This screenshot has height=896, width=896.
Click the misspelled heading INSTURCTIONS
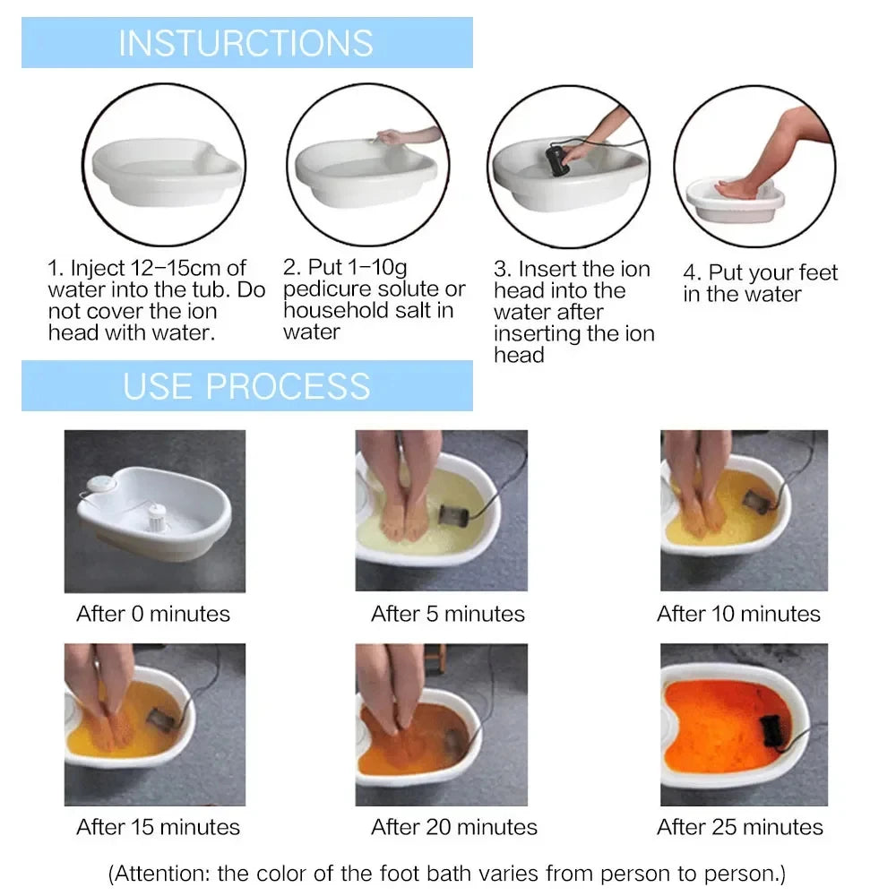pyautogui.click(x=246, y=43)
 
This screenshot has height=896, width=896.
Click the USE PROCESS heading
pyautogui.click(x=246, y=385)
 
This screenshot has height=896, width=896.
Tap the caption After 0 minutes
pyautogui.click(x=153, y=614)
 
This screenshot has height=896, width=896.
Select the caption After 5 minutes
pyautogui.click(x=448, y=614)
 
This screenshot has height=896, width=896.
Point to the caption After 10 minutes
pyautogui.click(x=738, y=614)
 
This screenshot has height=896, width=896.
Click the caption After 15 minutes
pyautogui.click(x=159, y=826)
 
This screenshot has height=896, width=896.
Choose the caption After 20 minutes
pyautogui.click(x=454, y=826)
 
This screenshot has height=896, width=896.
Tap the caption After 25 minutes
pyautogui.click(x=740, y=826)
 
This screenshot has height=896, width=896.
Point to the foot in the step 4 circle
pyautogui.click(x=737, y=188)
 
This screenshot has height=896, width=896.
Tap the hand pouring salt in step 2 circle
pyautogui.click(x=394, y=137)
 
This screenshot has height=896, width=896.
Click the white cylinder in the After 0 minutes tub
pyautogui.click(x=159, y=517)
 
